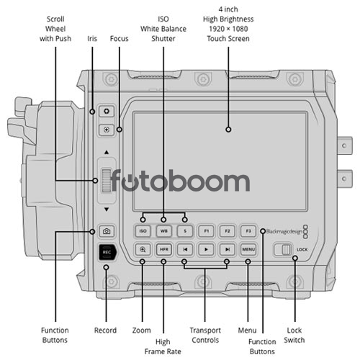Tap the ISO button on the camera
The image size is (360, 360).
[143, 231]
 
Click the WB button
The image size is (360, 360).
[164, 231]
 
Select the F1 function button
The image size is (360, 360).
[206, 231]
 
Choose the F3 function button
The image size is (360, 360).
[248, 231]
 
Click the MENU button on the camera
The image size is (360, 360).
[248, 250]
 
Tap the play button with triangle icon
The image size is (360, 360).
[206, 250]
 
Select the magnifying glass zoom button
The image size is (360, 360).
[143, 250]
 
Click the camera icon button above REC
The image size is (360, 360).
[107, 231]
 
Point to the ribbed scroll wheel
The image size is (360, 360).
[107, 181]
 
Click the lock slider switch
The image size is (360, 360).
[284, 250]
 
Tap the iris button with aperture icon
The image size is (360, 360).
[107, 112]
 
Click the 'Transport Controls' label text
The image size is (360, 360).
[205, 336]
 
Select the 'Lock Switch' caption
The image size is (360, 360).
[294, 336]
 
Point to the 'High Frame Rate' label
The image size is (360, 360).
[163, 346]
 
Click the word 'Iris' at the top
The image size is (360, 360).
[92, 38]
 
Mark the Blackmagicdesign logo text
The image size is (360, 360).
[284, 232]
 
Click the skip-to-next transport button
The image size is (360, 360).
[228, 250]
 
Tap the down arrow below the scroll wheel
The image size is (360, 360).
[107, 210]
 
